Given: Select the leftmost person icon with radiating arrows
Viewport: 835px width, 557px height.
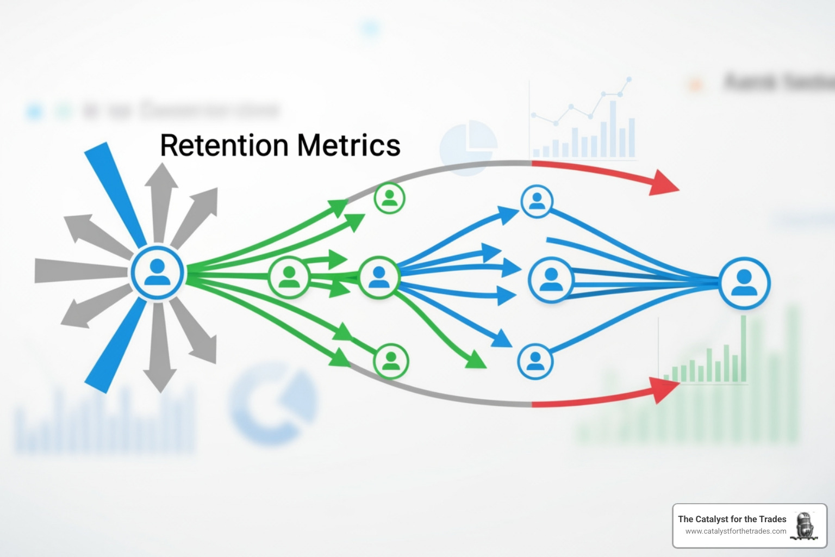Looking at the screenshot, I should point(157,273).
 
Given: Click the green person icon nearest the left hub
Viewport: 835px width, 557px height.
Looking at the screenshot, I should point(289,276).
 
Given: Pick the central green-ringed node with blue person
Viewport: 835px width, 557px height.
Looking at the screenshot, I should point(379,277).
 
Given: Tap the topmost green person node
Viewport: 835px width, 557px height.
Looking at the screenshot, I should point(390,198).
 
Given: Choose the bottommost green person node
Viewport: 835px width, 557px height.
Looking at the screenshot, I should point(391,361).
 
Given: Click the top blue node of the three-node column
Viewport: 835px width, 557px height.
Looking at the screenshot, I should point(537,201).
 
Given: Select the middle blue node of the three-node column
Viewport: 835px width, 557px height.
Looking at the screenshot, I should point(551,280).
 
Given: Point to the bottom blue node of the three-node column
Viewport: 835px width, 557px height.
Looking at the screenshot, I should point(535,361).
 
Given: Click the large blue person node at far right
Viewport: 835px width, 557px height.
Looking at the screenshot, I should point(744,283).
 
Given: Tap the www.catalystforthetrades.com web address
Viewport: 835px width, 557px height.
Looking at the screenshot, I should point(736,531).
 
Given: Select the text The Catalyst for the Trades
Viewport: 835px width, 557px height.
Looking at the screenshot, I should point(732,519).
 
